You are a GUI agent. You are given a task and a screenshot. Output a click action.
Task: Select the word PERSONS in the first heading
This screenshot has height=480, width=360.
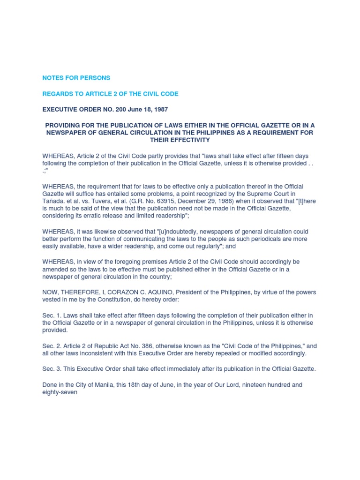click(95, 78)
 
